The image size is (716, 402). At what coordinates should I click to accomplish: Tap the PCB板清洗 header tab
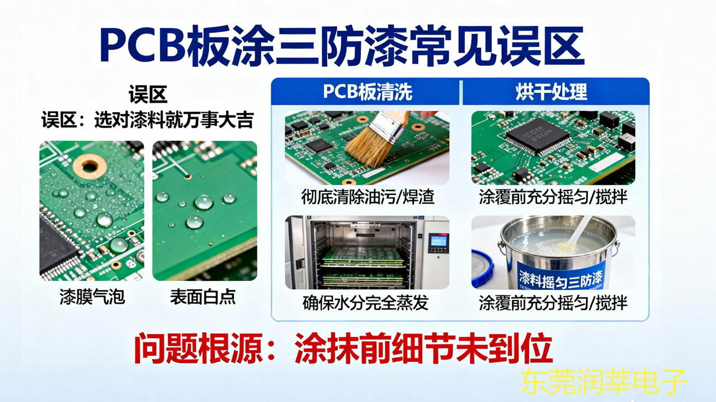[367, 92]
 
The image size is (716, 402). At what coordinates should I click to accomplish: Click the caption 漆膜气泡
[92, 297]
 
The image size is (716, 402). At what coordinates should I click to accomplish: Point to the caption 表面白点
[202, 297]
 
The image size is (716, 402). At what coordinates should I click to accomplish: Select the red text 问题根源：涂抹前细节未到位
[343, 351]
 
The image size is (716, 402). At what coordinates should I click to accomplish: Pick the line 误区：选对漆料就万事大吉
[148, 120]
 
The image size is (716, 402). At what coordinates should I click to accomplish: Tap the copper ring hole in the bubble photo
[89, 164]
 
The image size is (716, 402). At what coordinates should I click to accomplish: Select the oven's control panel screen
[439, 241]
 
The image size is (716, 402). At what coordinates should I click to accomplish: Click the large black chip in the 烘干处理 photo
[538, 136]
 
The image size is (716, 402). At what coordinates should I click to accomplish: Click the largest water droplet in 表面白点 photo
[203, 202]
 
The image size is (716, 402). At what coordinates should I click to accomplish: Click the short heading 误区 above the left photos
[148, 95]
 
